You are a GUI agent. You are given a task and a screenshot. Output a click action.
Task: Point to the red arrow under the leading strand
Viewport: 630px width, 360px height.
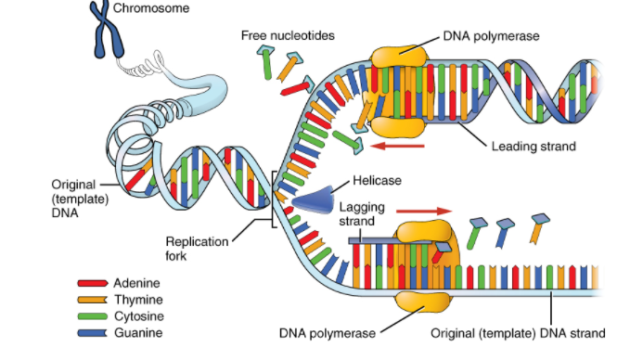coord(396,145)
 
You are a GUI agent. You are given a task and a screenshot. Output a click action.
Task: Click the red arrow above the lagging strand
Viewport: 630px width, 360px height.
coord(420,211)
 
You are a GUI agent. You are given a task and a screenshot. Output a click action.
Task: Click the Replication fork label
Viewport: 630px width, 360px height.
coord(197,248)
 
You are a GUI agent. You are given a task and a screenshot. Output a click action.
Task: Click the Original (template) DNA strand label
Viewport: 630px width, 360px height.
coord(519,332)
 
